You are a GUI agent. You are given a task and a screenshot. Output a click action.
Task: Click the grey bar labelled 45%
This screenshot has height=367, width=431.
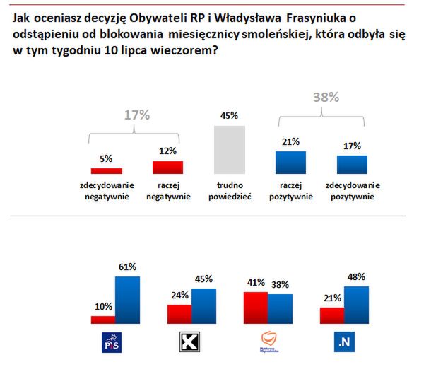point(230,149)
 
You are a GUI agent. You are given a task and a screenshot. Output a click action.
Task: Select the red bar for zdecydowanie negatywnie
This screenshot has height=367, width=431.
point(107,170)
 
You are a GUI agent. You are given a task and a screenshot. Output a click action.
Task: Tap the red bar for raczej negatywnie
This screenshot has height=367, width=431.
point(167,167)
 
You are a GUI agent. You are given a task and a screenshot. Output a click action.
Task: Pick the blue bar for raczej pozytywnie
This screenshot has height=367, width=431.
point(290,162)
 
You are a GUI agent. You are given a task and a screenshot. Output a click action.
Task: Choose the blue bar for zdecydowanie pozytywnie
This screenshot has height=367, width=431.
point(352,164)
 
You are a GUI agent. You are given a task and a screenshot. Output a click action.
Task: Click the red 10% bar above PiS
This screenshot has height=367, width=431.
point(103,320)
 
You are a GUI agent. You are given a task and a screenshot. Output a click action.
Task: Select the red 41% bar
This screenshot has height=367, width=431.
point(256,308)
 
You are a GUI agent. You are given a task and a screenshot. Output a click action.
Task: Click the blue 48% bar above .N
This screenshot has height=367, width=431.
point(357,305)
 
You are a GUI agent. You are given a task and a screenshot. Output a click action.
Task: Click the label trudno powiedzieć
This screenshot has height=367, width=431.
point(230,192)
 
